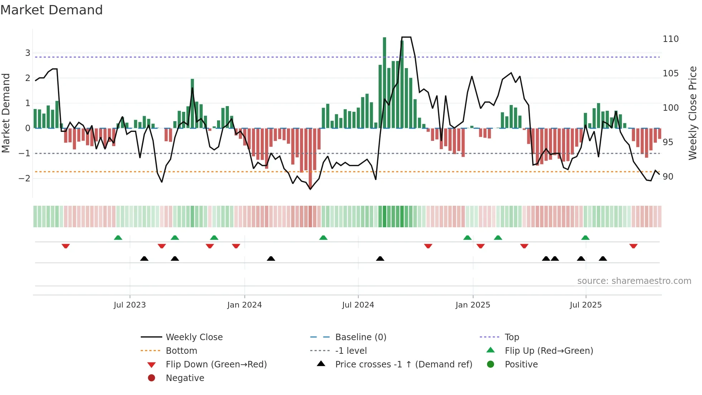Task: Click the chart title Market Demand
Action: point(52,10)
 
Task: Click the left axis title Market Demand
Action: point(6,113)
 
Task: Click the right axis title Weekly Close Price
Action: point(693,113)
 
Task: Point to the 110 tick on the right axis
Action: point(670,39)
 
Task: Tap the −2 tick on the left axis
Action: point(25,179)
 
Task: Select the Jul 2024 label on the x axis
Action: point(358,305)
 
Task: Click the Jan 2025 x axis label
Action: point(473,305)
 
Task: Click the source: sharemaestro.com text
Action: point(634,281)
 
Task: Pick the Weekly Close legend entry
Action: point(194,337)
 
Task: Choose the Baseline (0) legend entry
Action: point(360,337)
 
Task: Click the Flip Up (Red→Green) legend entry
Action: point(549,351)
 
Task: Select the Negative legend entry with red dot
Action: point(185,378)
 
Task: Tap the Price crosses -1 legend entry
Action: point(403,365)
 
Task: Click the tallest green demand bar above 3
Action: point(384,82)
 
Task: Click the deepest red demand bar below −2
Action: point(310,158)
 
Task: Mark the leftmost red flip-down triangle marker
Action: point(66,246)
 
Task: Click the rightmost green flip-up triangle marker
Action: point(585,238)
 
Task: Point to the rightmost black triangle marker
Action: point(603,258)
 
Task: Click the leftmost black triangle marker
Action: point(144,258)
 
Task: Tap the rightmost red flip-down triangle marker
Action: point(633,246)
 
